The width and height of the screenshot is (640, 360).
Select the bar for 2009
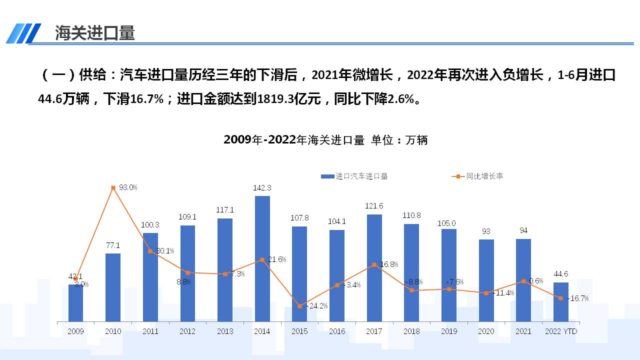[75, 303]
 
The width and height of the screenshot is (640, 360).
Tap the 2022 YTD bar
[560, 302]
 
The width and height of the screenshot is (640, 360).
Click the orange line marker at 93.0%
[113, 187]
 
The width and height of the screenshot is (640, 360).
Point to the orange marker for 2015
[299, 306]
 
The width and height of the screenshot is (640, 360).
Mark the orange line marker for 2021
[523, 281]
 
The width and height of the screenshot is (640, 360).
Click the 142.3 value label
[262, 188]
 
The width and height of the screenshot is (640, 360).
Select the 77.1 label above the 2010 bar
[113, 245]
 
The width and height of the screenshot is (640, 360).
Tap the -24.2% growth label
[316, 306]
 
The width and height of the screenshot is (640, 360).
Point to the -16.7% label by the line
[577, 298]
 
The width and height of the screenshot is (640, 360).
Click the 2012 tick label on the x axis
[187, 331]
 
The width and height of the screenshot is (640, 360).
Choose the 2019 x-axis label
[448, 331]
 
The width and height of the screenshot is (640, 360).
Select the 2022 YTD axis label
[561, 331]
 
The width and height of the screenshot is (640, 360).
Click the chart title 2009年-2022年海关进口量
[294, 140]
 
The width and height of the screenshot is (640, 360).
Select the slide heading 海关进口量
[95, 33]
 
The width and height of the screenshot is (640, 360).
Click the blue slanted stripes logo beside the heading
[23, 33]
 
